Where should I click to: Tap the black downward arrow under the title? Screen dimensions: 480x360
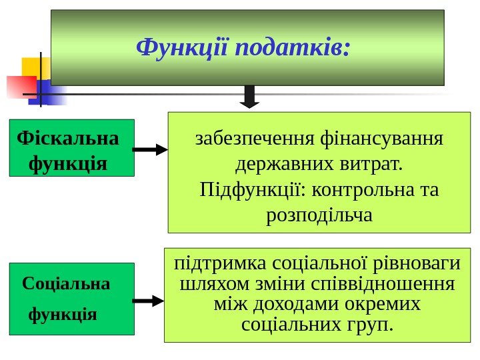pos(249,96)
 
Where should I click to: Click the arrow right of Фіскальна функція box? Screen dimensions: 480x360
pos(150,150)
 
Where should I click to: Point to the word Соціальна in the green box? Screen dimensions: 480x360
pos(66,284)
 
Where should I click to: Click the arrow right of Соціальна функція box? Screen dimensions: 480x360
pos(148,301)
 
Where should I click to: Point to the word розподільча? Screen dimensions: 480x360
pos(319,216)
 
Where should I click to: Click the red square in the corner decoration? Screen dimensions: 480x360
pos(20,87)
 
